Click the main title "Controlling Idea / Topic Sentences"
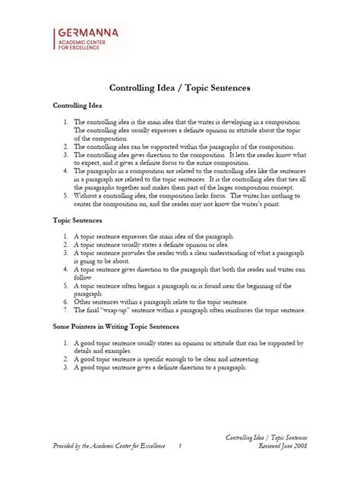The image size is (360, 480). (180, 88)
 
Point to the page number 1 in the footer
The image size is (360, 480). (180, 447)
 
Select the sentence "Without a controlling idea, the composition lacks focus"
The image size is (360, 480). (150, 195)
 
